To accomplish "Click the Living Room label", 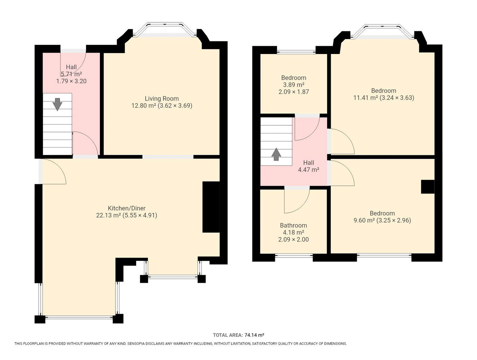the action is click(x=162, y=98).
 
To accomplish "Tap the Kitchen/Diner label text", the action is click(x=127, y=208).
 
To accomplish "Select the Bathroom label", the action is click(x=293, y=225).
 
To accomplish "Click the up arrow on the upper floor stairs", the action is click(x=276, y=154).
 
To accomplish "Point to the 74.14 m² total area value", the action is click(x=254, y=335).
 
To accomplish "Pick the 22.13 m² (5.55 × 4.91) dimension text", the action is click(x=127, y=215).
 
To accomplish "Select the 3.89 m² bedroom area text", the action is click(x=294, y=85).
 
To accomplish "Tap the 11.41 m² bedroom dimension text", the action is click(x=384, y=98).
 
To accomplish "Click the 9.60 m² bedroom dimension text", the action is click(x=382, y=220).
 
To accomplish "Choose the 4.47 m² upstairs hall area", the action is click(x=309, y=170).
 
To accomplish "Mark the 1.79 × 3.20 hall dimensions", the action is click(x=72, y=81).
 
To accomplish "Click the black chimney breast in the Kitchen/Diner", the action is click(x=211, y=207).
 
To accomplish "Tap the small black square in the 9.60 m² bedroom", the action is click(x=428, y=186).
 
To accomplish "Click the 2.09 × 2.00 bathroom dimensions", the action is click(x=293, y=239).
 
